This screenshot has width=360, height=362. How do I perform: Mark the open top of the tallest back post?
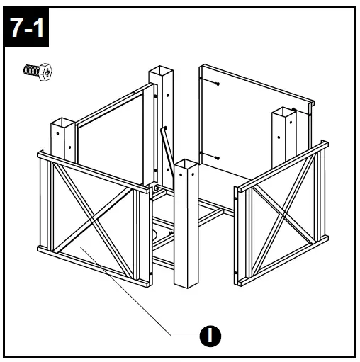(162, 72)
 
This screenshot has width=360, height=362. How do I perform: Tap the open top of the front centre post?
(185, 164)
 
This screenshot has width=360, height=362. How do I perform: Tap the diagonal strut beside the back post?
(168, 152)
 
